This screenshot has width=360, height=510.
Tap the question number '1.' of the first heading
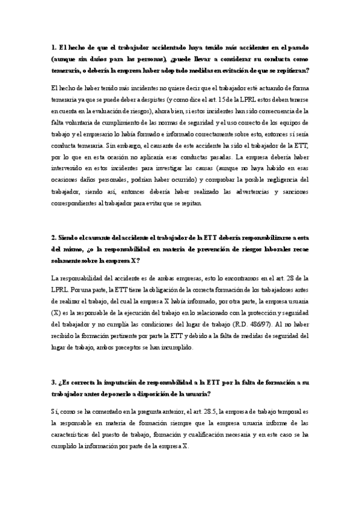pyautogui.click(x=55, y=49)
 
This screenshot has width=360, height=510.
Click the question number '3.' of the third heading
pyautogui.click(x=55, y=382)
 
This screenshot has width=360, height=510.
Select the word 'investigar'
pyautogui.click(x=148, y=168)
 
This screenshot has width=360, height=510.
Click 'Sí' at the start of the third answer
pyautogui.click(x=56, y=411)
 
